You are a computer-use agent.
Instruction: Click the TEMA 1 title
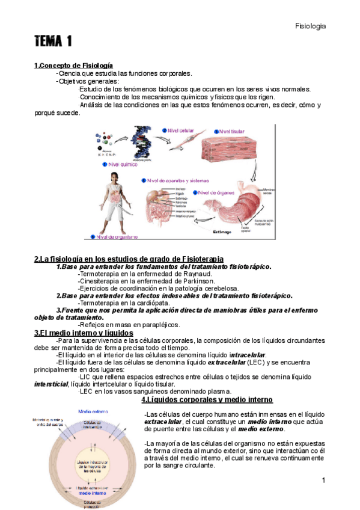click(53, 41)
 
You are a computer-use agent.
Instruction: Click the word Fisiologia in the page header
click(311, 26)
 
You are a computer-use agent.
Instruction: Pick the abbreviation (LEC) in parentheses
click(240, 363)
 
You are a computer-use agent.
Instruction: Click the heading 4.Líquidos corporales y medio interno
click(207, 400)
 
